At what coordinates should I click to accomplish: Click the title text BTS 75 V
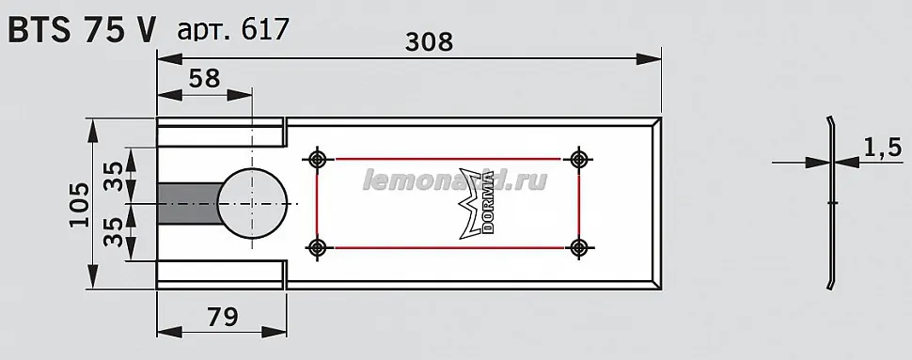(x=82, y=29)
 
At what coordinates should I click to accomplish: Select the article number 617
(x=264, y=29)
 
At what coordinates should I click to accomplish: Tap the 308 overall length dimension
(x=429, y=42)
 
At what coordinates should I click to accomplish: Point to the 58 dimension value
(x=205, y=77)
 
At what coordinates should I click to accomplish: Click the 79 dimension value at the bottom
(x=222, y=317)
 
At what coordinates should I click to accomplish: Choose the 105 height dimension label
(x=80, y=205)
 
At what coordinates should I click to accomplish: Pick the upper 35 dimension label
(x=116, y=176)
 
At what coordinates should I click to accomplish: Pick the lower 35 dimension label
(x=116, y=232)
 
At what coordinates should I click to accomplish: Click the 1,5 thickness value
(x=882, y=148)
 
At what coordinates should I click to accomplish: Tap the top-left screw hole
(x=317, y=158)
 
